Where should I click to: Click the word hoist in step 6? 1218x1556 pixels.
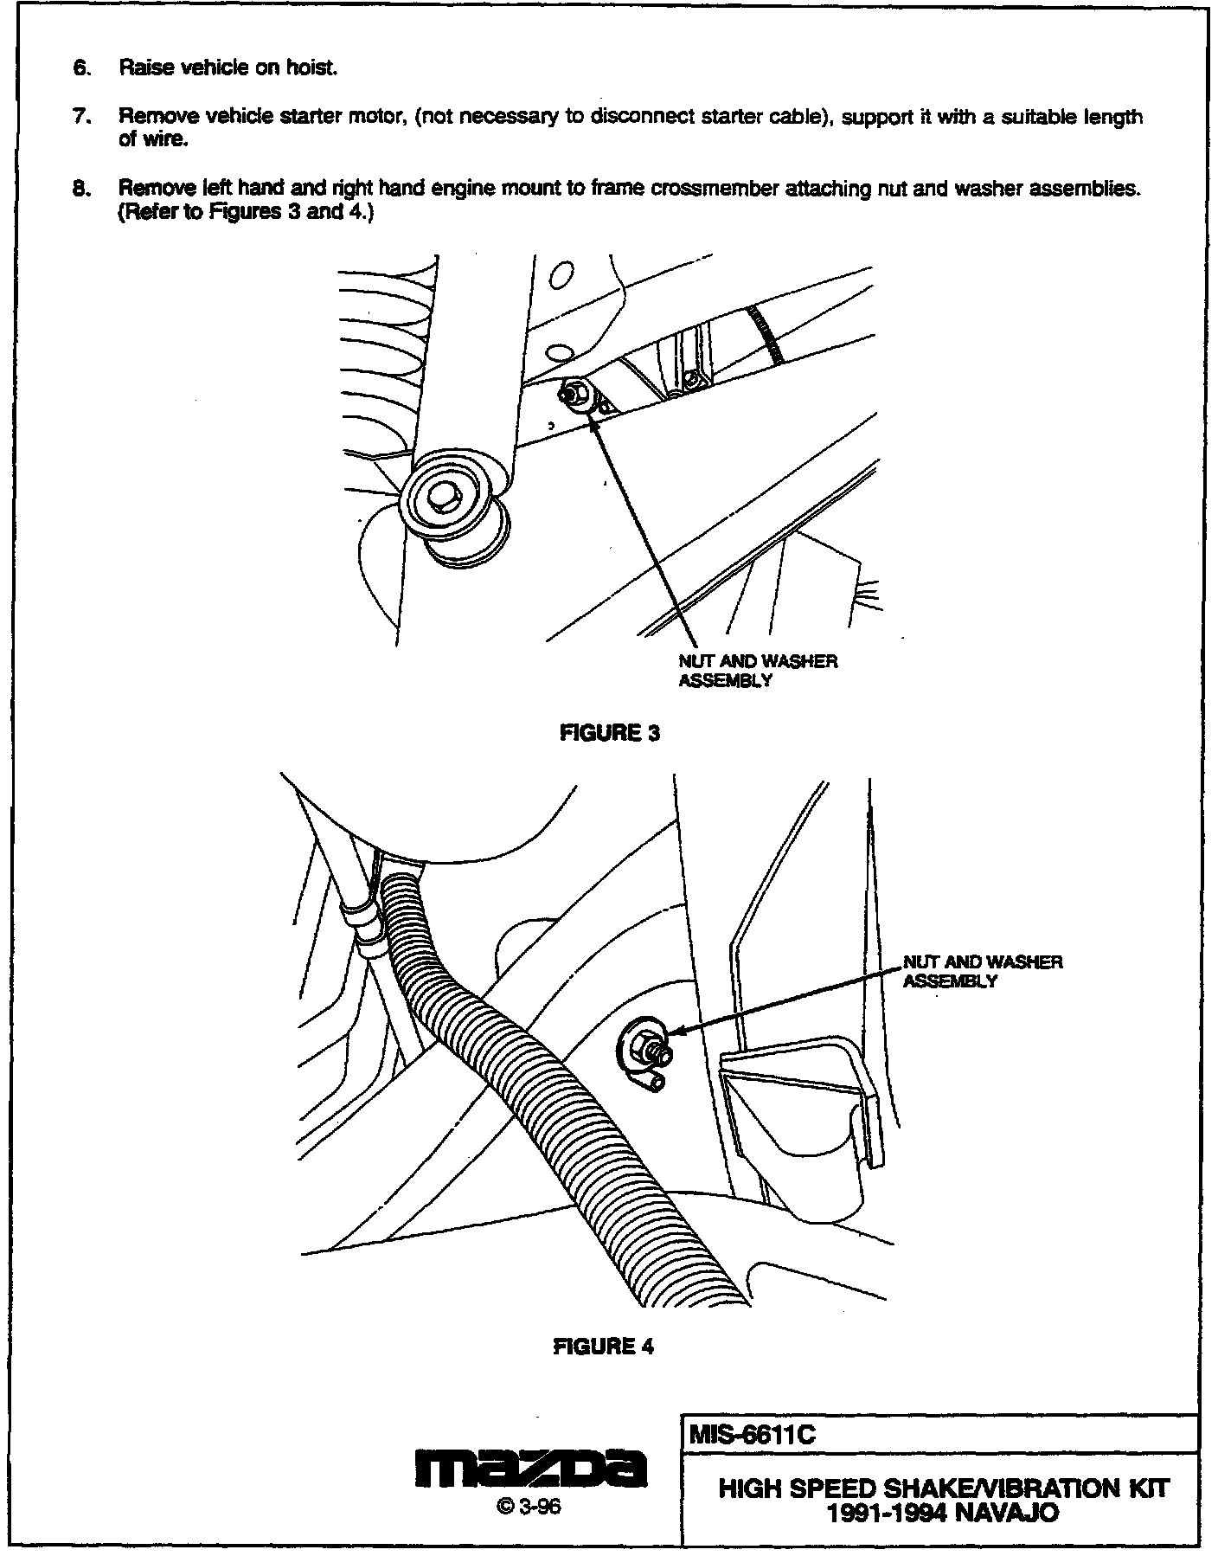click(311, 68)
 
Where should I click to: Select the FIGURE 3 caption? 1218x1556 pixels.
click(610, 732)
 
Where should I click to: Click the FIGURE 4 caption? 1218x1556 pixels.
click(604, 1347)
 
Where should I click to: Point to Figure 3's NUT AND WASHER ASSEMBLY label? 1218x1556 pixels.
click(758, 671)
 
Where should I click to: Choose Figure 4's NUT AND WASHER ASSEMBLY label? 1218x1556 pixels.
click(983, 971)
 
